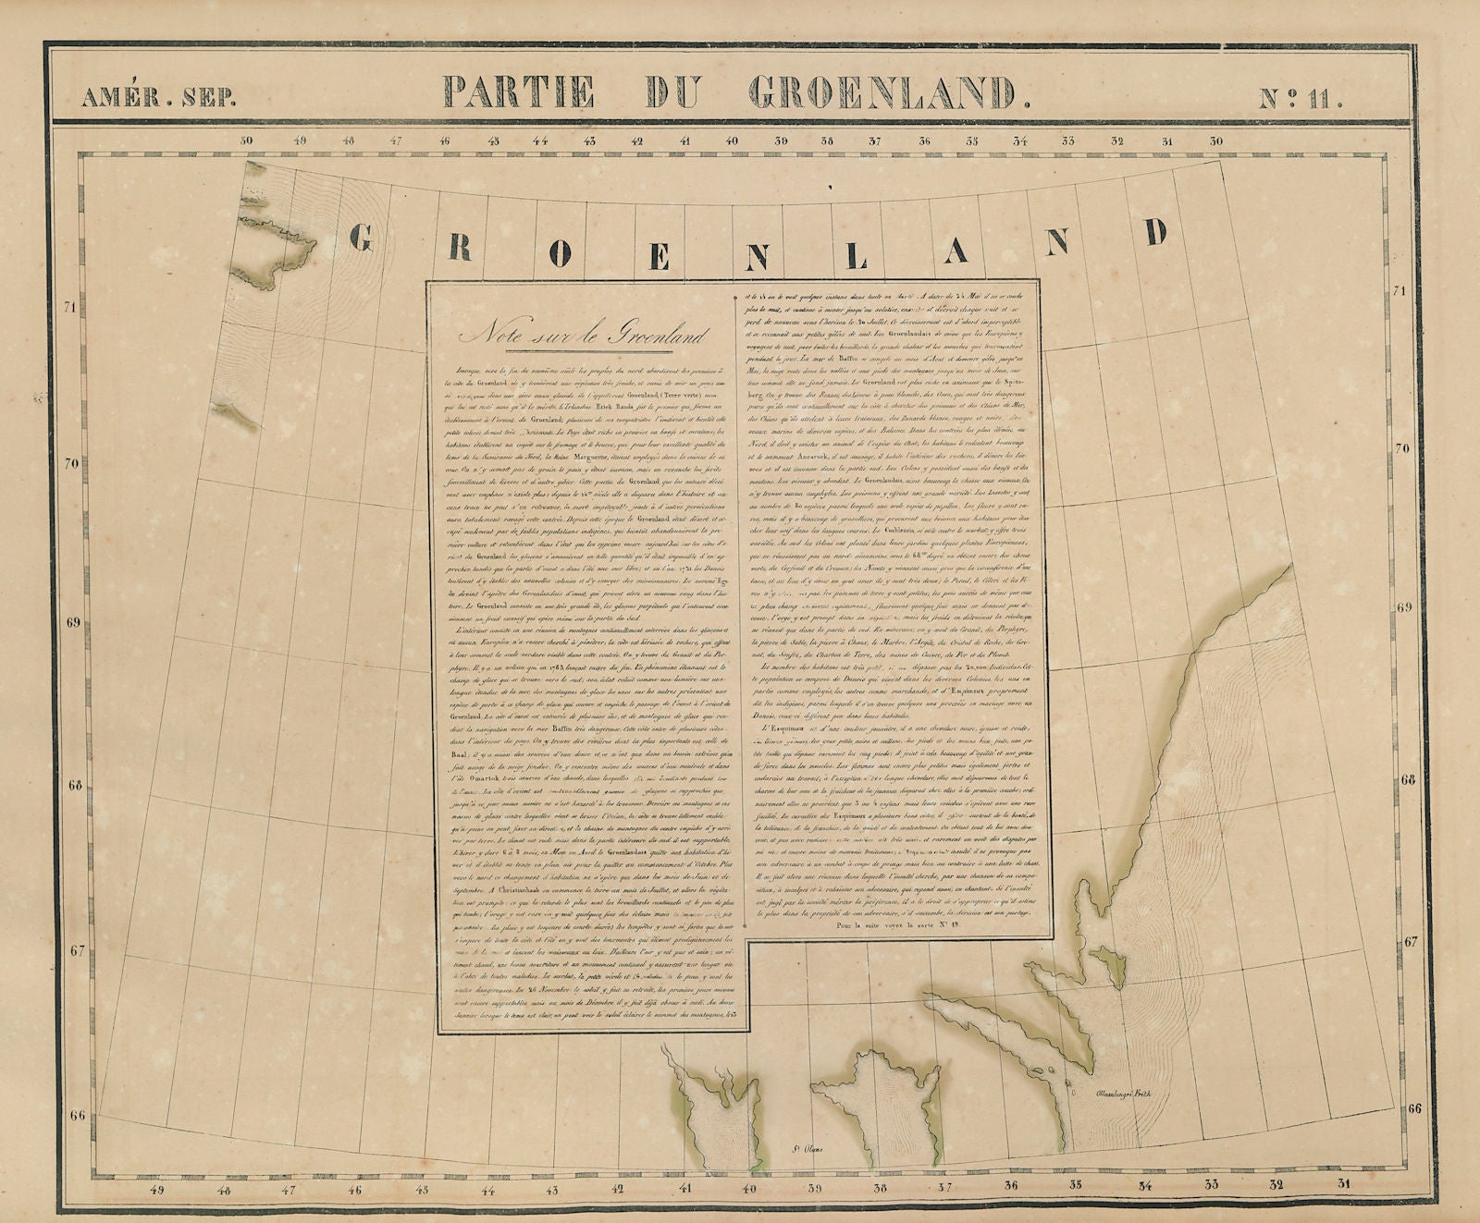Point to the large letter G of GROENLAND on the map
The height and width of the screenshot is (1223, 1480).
point(363,238)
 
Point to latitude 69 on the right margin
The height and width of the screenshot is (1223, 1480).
point(1405,607)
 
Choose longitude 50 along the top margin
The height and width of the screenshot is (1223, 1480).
point(248,141)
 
